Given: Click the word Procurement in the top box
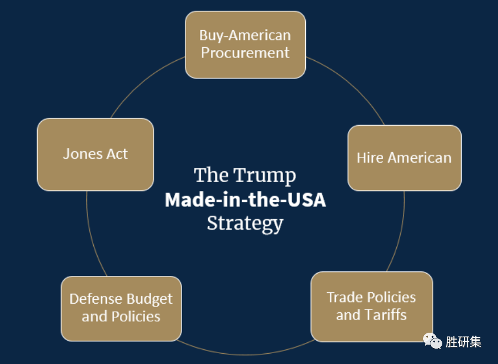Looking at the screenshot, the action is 245,53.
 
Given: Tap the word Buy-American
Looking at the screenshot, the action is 245,35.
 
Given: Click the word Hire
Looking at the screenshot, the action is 370,158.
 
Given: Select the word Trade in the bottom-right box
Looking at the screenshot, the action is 344,297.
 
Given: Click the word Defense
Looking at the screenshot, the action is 96,299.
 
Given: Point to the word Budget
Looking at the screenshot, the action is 150,299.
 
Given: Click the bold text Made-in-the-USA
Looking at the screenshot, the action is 245,200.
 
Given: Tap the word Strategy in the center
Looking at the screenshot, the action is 245,223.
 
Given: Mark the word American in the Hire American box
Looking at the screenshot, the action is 419,158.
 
